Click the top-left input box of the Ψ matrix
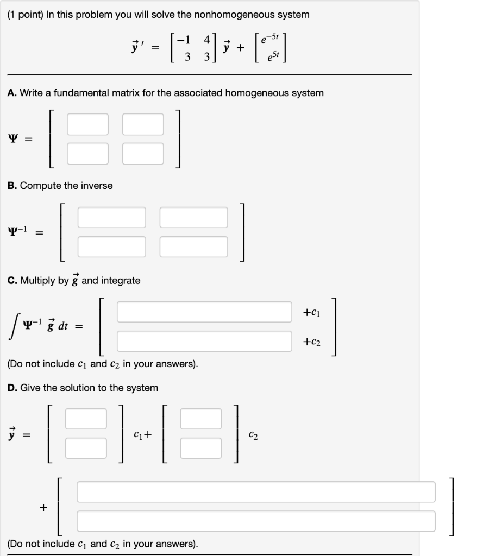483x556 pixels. pyautogui.click(x=88, y=124)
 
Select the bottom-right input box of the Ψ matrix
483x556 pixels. pyautogui.click(x=143, y=153)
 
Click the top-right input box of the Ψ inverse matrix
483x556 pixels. pyautogui.click(x=194, y=217)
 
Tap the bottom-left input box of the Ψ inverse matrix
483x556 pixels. pyautogui.click(x=112, y=247)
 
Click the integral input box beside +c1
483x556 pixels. pyautogui.click(x=204, y=312)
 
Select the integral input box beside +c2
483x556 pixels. pyautogui.click(x=204, y=342)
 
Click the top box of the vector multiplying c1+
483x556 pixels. pyautogui.click(x=86, y=418)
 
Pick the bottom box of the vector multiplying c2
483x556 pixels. pyautogui.click(x=201, y=447)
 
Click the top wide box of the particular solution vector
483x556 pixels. pyautogui.click(x=256, y=492)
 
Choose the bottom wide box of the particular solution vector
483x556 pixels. pyautogui.click(x=256, y=521)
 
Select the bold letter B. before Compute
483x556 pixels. pyautogui.click(x=12, y=186)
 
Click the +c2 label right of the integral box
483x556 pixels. pyautogui.click(x=312, y=342)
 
